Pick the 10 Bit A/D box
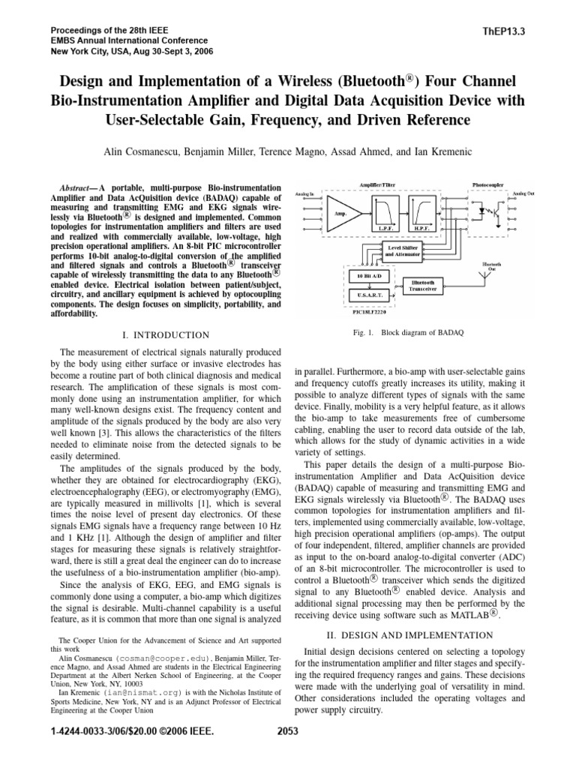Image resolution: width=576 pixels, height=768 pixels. coord(367,276)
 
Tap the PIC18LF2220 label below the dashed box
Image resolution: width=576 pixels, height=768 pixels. coord(367,310)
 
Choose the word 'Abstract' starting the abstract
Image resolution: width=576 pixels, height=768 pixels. coord(79,185)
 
